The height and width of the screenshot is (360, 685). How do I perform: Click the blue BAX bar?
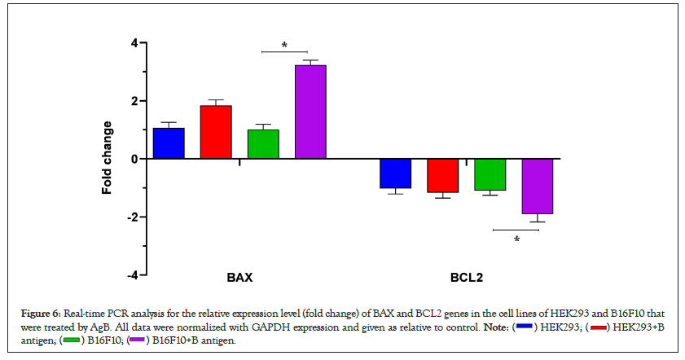(x=169, y=143)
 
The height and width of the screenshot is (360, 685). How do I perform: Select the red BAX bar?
(x=216, y=132)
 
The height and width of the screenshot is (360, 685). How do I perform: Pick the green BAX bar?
(x=263, y=144)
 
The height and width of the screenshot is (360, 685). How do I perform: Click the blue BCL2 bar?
(x=396, y=173)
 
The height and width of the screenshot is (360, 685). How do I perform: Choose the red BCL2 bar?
(x=443, y=175)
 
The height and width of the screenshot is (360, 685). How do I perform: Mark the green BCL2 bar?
(x=490, y=174)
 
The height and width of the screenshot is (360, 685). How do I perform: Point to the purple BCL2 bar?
(x=538, y=186)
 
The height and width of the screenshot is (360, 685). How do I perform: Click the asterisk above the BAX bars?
(x=284, y=46)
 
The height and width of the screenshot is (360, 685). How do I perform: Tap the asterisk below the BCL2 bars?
(x=516, y=239)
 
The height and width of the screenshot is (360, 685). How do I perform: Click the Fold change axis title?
(x=107, y=159)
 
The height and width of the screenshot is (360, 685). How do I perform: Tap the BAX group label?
(x=239, y=278)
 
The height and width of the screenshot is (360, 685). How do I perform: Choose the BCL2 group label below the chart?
(x=467, y=278)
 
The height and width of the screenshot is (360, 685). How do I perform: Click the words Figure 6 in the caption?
(x=39, y=314)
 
